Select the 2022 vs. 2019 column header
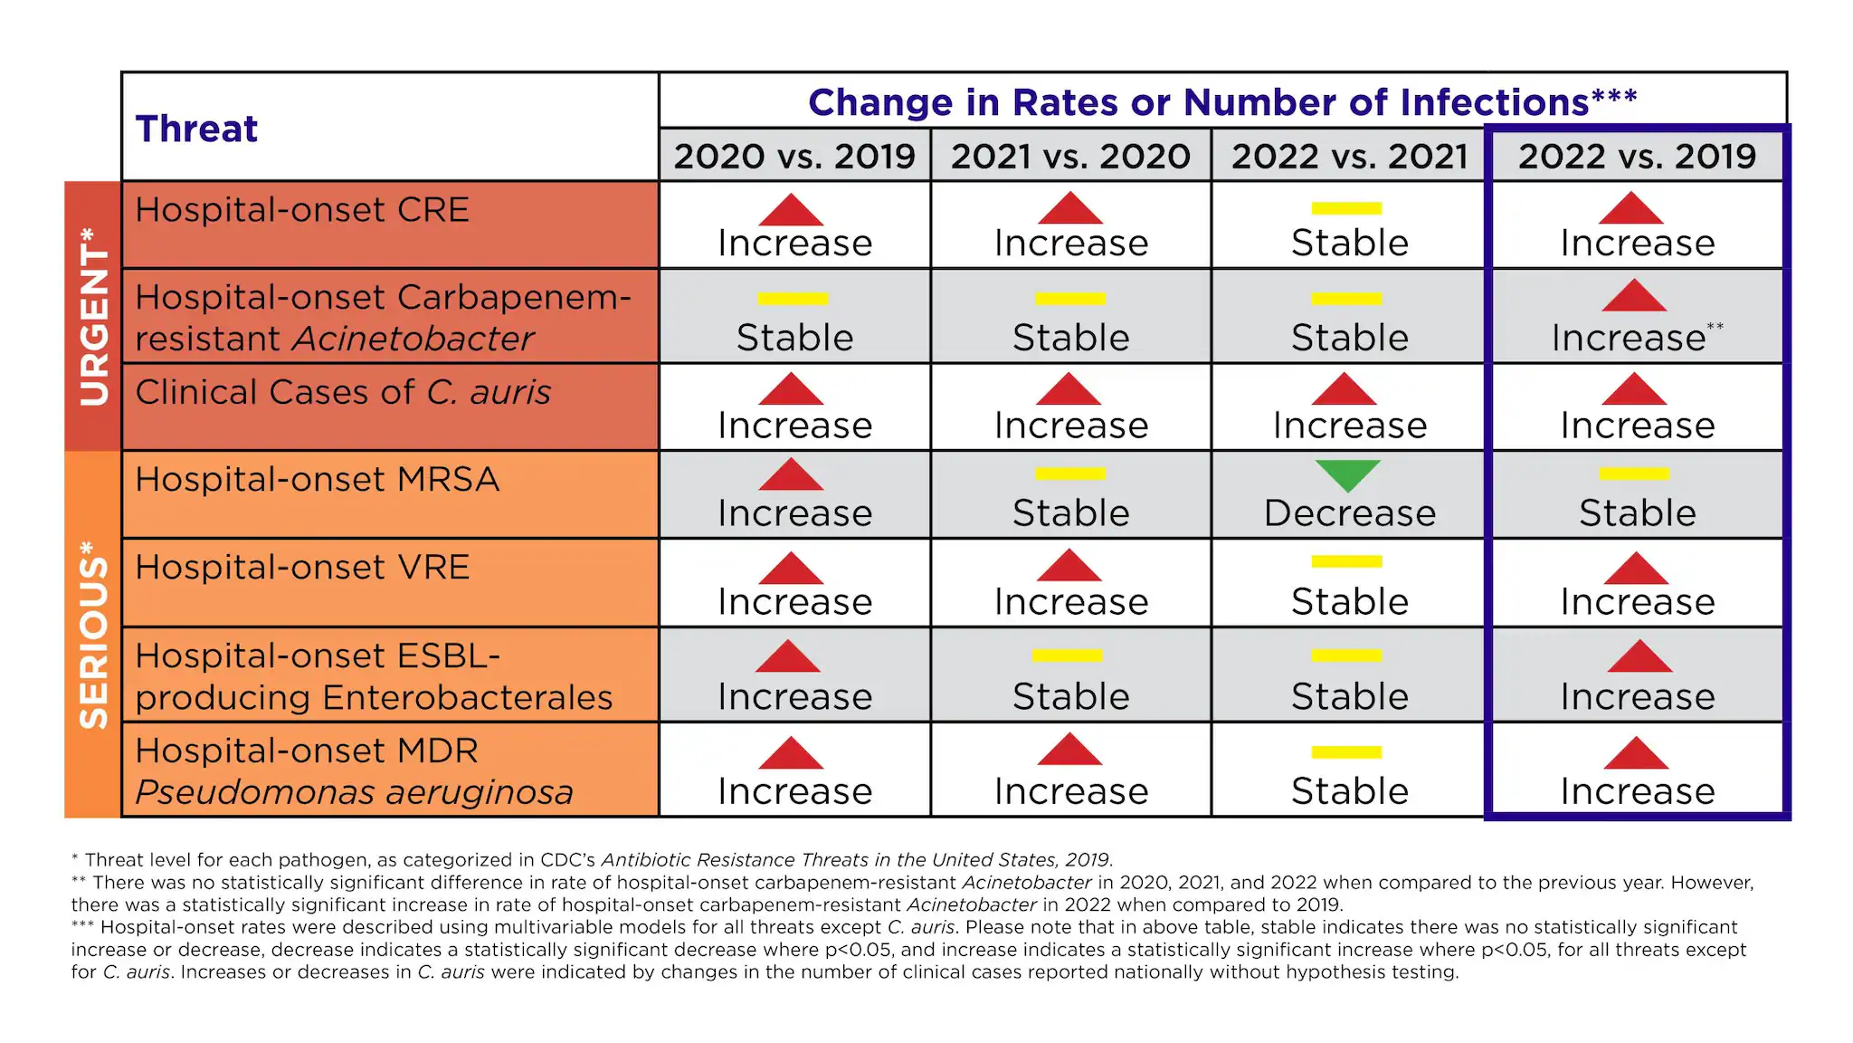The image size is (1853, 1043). (x=1637, y=157)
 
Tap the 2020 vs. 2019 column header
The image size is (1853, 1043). (x=794, y=157)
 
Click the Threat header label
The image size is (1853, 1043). (x=196, y=129)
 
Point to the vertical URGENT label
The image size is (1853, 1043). (x=93, y=316)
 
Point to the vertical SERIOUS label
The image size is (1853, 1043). (x=93, y=634)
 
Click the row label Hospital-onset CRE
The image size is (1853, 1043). (x=302, y=210)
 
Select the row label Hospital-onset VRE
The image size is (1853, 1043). (x=302, y=568)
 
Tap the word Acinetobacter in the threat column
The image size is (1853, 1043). (x=413, y=340)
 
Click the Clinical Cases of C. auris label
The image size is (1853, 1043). (x=343, y=393)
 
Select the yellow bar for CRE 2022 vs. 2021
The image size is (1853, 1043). (x=1346, y=208)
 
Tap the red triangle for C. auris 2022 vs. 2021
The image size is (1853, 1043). (x=1344, y=390)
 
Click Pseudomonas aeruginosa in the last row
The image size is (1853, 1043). (x=354, y=792)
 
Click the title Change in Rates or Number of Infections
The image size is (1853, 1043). (x=1221, y=102)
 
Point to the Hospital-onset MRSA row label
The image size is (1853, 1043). (x=317, y=480)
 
